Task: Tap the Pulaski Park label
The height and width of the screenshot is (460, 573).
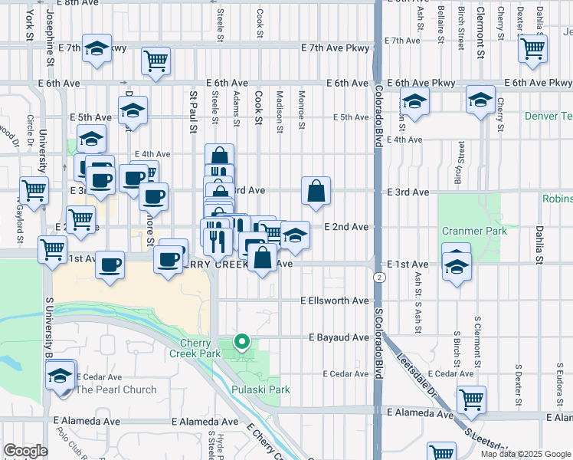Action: pyautogui.click(x=260, y=389)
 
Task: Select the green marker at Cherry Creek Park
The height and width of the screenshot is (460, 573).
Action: pyautogui.click(x=242, y=342)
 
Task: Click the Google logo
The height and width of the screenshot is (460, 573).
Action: pyautogui.click(x=25, y=451)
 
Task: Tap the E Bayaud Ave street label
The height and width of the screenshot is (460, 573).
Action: pyautogui.click(x=339, y=337)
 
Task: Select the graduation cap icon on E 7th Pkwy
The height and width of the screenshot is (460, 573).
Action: pyautogui.click(x=97, y=48)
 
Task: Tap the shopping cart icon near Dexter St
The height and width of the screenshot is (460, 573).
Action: pyautogui.click(x=532, y=48)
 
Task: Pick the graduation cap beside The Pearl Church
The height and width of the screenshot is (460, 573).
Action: pyautogui.click(x=60, y=376)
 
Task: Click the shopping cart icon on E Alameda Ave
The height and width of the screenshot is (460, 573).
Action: pyautogui.click(x=471, y=399)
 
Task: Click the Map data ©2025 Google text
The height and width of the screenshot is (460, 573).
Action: pyautogui.click(x=526, y=454)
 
